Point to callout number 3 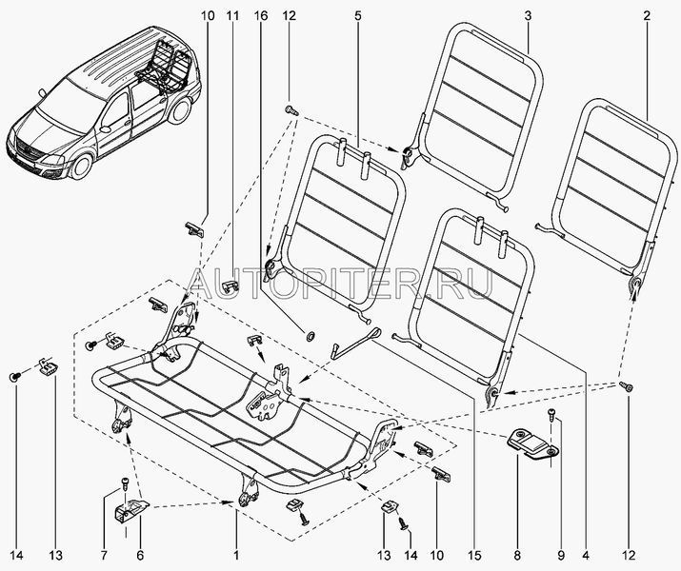pos(527,15)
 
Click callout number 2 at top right pos(647,15)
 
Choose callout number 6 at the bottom pos(103,554)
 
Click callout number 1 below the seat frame pos(235,554)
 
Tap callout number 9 pos(559,554)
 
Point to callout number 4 pos(586,554)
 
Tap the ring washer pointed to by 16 pos(310,335)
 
